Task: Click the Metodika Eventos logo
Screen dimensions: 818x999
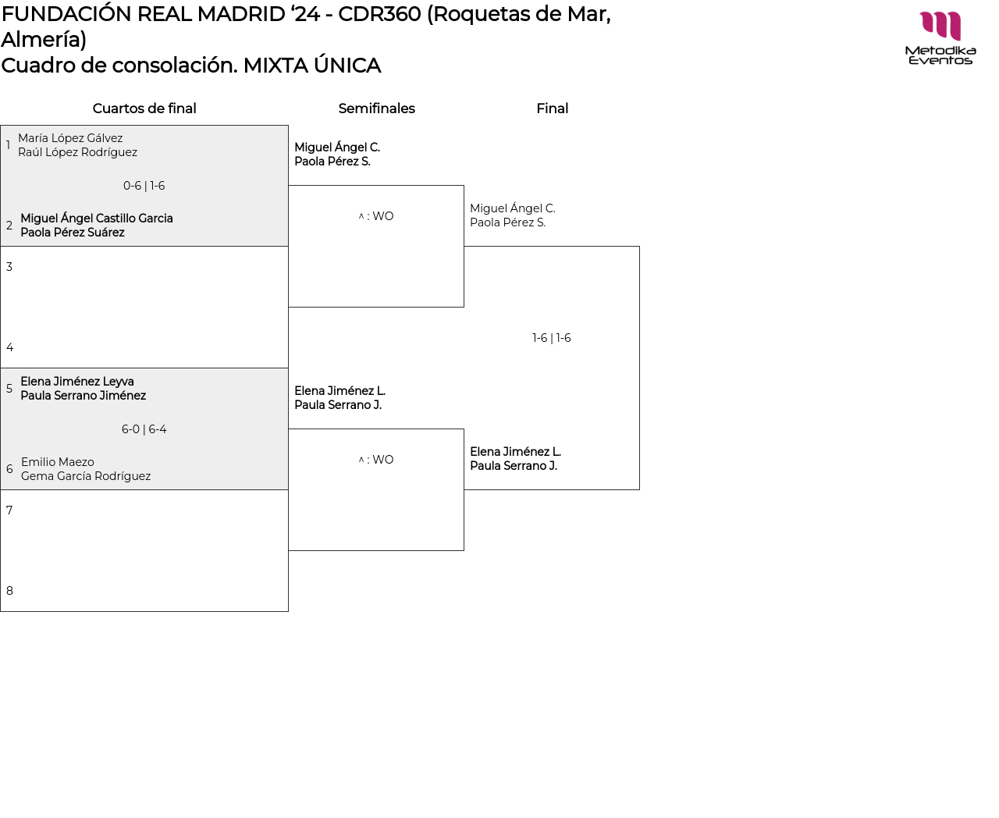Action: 940,37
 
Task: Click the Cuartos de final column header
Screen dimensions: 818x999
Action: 144,108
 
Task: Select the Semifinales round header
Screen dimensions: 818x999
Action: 376,108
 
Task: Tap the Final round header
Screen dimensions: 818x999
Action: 552,108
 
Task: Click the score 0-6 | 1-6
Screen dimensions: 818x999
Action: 144,186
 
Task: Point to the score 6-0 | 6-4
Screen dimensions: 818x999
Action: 144,429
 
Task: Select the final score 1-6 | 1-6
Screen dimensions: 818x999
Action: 552,338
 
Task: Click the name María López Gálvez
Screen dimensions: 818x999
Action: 70,138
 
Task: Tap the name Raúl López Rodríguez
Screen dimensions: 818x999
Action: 77,152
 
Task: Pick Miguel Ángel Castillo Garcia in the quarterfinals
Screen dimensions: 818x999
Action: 97,219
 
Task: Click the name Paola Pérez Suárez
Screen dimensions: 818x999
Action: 73,233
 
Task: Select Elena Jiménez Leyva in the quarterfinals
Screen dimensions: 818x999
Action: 77,382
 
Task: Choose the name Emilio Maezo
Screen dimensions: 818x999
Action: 58,462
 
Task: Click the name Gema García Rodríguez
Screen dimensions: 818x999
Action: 86,476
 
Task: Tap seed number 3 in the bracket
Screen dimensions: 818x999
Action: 9,267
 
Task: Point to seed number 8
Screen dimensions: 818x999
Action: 9,591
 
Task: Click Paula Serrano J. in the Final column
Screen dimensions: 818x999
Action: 514,466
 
